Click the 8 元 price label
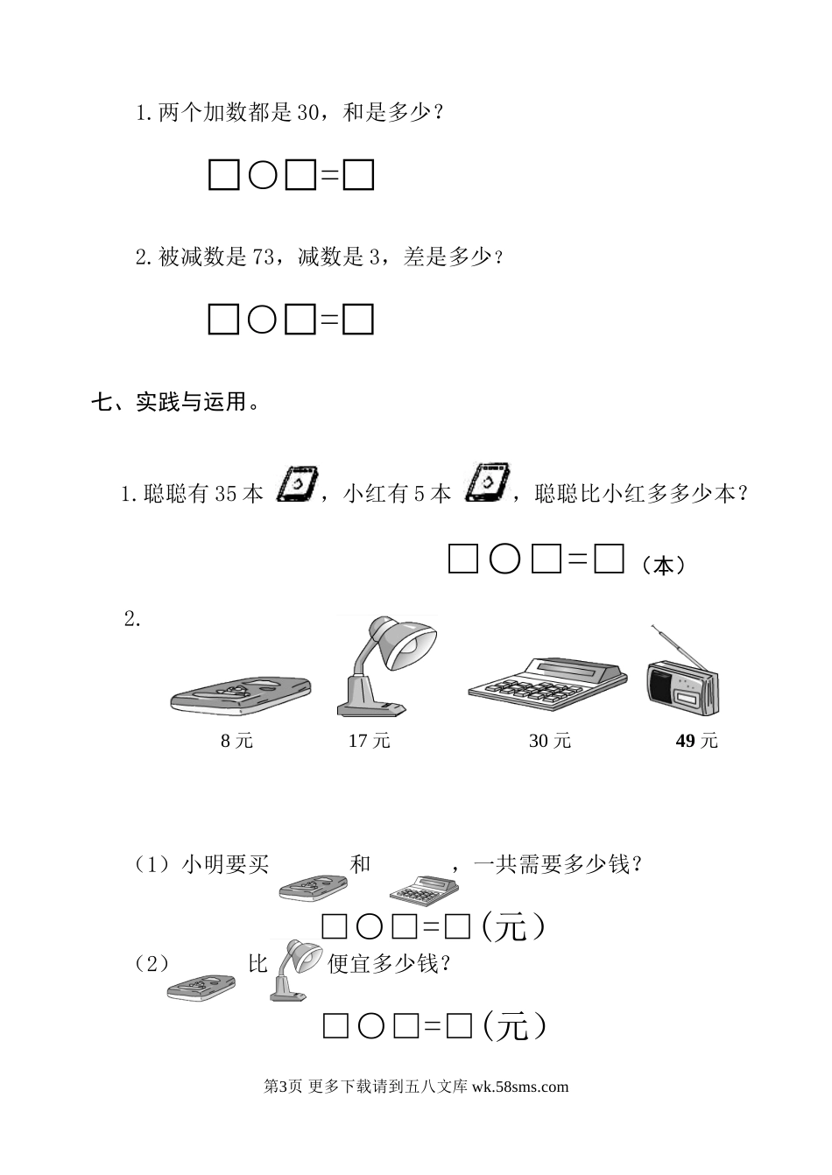point(236,741)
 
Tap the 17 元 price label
point(369,741)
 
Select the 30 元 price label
point(550,741)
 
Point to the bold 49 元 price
point(696,741)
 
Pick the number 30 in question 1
point(309,113)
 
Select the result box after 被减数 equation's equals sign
point(358,320)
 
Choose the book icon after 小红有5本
point(484,484)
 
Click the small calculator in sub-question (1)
point(424,890)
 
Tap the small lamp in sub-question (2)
point(294,969)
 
